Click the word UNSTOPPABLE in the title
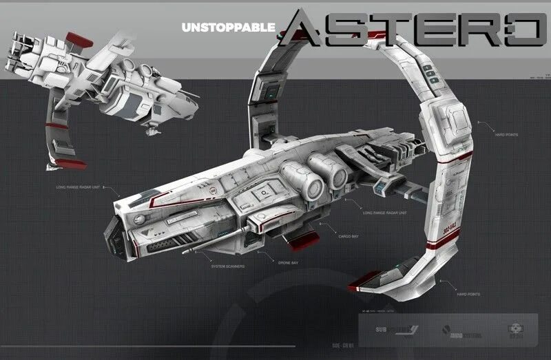228,28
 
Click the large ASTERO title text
413,30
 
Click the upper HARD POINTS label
507,134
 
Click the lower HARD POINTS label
468,294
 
